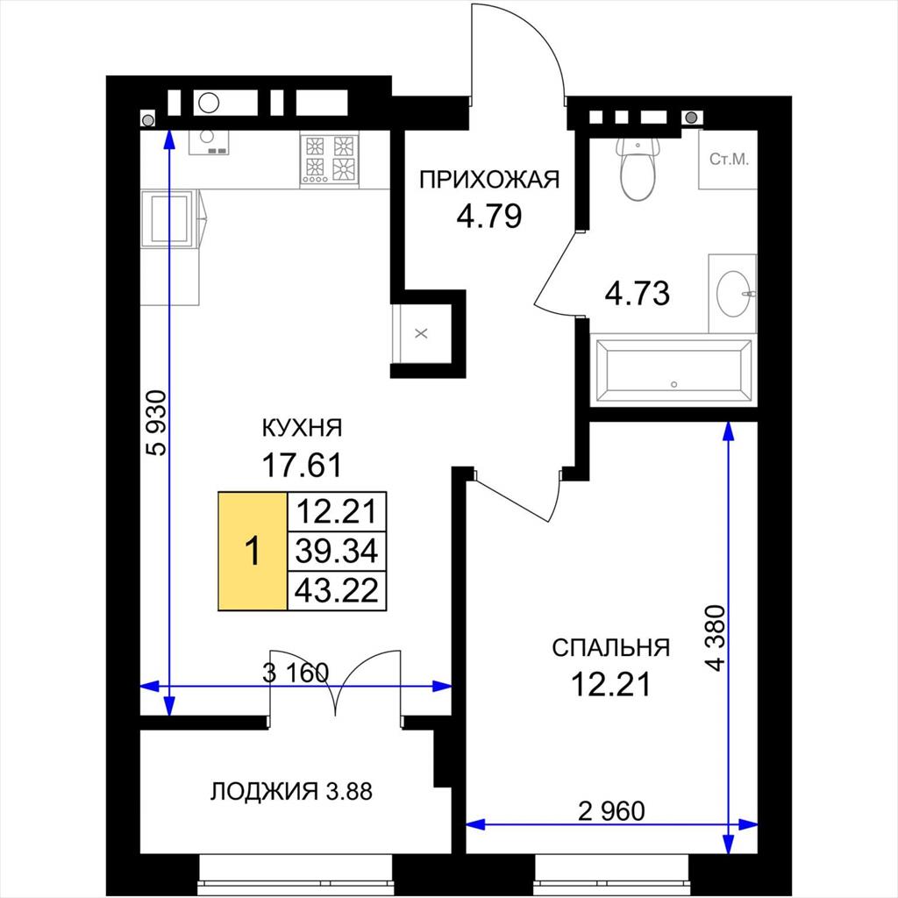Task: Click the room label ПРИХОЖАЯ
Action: click(489, 180)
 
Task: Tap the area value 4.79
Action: click(489, 217)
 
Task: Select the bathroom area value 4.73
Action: click(638, 293)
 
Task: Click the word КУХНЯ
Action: click(302, 428)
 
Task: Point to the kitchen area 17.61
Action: click(302, 465)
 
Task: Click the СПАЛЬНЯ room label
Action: click(611, 648)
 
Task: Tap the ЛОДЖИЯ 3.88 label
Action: click(291, 792)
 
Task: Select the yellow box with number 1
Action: click(253, 551)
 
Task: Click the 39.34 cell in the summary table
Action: click(337, 551)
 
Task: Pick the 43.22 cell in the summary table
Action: click(337, 590)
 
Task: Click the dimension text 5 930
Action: click(156, 424)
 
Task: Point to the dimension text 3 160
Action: click(296, 673)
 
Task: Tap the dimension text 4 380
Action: click(716, 638)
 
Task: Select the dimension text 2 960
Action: click(611, 811)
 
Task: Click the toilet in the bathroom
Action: click(638, 167)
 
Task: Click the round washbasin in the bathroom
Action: click(733, 294)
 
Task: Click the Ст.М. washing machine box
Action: click(729, 160)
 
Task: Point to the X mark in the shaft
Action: click(421, 333)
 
